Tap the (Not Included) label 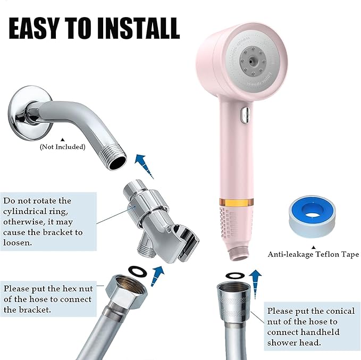point(63,147)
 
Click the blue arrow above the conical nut point(256,280)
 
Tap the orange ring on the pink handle point(234,203)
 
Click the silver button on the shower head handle point(243,114)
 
